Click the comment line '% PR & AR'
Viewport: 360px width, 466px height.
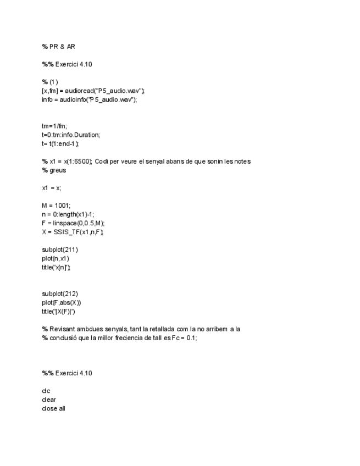pyautogui.click(x=58, y=47)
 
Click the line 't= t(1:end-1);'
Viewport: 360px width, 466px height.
pyautogui.click(x=60, y=143)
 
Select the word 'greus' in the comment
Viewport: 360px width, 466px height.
pyautogui.click(x=57, y=170)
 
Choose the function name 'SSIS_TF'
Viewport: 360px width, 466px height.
pyautogui.click(x=67, y=232)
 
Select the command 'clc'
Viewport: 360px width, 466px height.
pyautogui.click(x=46, y=391)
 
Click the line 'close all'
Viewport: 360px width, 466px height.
pyautogui.click(x=53, y=408)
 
